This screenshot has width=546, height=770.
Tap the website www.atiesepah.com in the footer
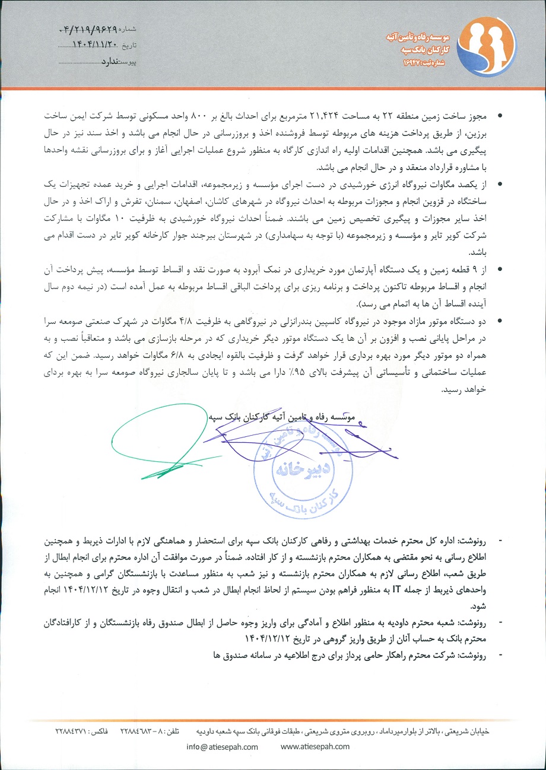(x=315, y=747)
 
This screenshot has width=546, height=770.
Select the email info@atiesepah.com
(x=222, y=747)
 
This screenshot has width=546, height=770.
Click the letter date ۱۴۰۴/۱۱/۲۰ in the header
(x=93, y=45)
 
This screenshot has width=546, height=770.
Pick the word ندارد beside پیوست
(x=109, y=61)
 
